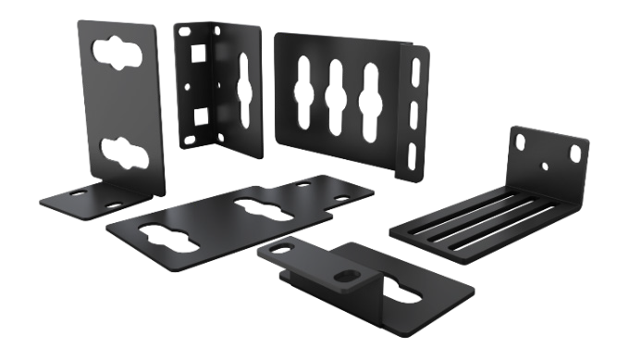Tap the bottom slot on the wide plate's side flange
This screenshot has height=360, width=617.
pyautogui.click(x=410, y=150)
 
